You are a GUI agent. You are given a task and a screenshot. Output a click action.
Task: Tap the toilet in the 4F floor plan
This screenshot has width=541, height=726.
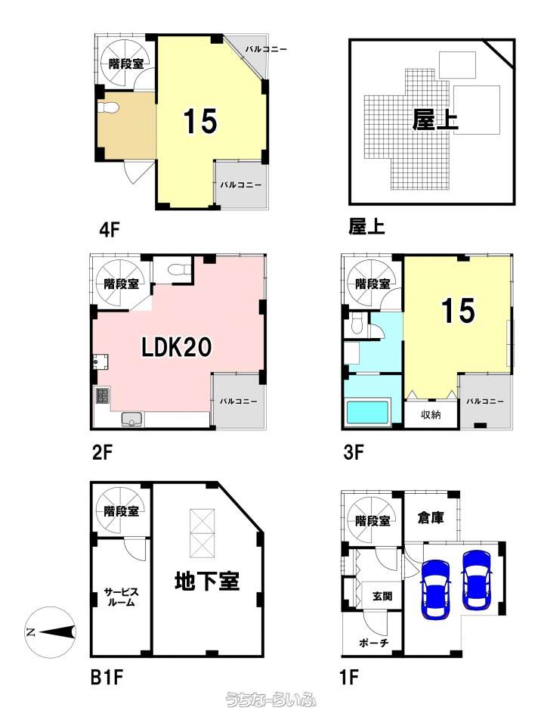[x=108, y=107]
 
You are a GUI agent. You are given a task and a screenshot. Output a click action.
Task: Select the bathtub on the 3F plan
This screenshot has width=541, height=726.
[x=366, y=412]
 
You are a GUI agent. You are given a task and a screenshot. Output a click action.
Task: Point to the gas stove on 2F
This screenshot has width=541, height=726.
[x=102, y=395]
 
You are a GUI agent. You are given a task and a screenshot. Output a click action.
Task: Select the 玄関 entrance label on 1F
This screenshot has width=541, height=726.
[x=382, y=596]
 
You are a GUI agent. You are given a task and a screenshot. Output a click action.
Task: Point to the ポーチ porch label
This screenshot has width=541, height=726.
[x=374, y=643]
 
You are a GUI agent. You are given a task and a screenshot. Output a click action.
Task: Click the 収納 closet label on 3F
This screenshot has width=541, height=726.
[x=431, y=415]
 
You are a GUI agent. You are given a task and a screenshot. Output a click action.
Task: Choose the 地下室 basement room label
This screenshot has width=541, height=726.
[x=207, y=582]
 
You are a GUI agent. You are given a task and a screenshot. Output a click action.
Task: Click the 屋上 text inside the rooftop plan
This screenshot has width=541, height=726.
[x=435, y=119]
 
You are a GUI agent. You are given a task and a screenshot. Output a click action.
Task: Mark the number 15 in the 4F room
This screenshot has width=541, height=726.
[x=200, y=121]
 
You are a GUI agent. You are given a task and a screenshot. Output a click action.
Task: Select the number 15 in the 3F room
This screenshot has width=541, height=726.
[x=457, y=310]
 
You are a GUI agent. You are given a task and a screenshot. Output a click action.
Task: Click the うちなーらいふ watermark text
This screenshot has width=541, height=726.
[x=270, y=700]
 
